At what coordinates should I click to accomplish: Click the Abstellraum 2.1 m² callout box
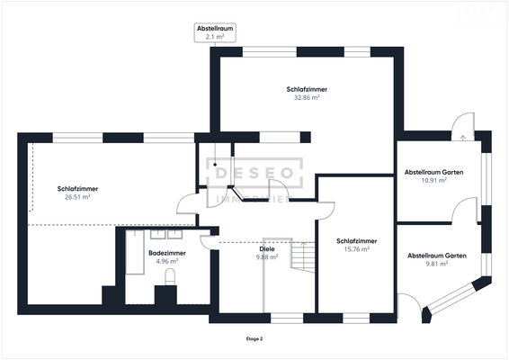pos(215,32)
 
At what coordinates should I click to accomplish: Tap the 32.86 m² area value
pos(307,97)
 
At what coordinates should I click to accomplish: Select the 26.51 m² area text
pos(77,197)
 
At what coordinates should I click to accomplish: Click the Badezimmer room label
pos(167,253)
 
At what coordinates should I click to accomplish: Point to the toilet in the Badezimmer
pos(170,277)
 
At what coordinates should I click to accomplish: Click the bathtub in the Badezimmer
pos(135,252)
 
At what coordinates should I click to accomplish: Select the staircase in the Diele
pos(302,256)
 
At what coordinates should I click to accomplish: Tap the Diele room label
pos(267,249)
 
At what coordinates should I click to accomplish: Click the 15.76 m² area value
pos(357,249)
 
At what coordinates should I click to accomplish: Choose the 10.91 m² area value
pos(434,180)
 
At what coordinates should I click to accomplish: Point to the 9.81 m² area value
pos(437,264)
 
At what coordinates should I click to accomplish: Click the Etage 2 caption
pos(254,339)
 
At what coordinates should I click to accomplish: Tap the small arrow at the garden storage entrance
pos(463,138)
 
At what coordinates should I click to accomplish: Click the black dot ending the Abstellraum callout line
pos(215,165)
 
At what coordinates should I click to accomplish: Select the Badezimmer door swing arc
pos(206,243)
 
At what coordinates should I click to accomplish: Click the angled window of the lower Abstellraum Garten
pos(451,295)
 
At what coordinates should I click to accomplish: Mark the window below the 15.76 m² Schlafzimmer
pos(356,318)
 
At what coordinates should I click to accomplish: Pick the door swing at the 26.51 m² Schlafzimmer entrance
pos(186,204)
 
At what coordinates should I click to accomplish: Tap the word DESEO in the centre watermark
pos(254,173)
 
